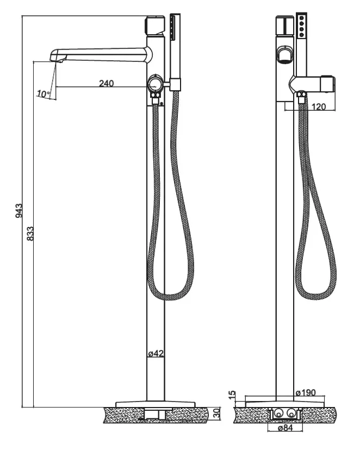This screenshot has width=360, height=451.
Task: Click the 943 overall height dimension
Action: click(x=18, y=211)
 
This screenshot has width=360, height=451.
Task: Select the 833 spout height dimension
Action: click(x=30, y=234)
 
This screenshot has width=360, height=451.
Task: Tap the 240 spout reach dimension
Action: click(x=107, y=84)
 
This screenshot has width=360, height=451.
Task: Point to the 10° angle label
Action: click(x=43, y=93)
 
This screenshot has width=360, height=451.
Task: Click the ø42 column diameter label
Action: click(x=156, y=353)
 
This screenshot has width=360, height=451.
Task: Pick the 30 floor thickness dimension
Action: click(x=218, y=413)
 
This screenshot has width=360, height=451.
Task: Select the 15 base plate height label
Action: click(x=232, y=395)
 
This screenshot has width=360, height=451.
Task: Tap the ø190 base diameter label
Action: click(x=306, y=392)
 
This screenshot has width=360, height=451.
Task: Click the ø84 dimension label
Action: click(x=285, y=428)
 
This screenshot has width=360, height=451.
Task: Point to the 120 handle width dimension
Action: click(x=319, y=107)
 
